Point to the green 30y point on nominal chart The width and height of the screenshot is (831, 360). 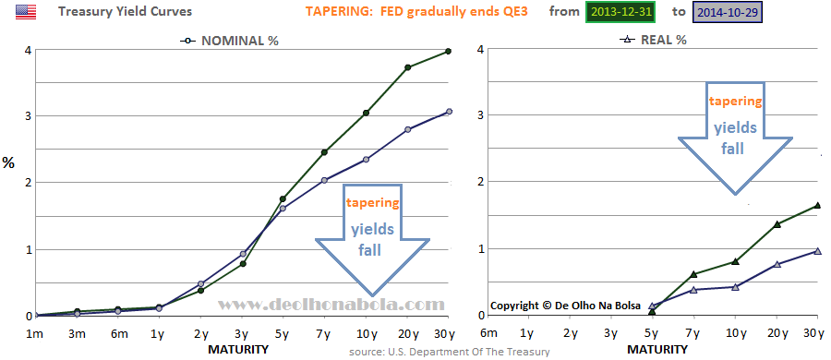click(x=449, y=51)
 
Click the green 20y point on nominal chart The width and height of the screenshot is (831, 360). click(x=408, y=67)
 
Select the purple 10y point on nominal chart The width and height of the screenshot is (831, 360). click(x=366, y=159)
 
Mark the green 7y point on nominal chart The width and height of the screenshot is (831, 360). click(x=324, y=152)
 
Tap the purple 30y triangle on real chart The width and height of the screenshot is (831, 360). click(x=818, y=251)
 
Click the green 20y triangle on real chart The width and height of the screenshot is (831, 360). click(x=777, y=224)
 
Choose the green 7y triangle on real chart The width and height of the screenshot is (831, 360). click(x=693, y=274)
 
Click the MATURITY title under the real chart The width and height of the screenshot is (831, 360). click(x=657, y=350)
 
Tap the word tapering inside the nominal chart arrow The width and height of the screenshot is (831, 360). click(x=372, y=203)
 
